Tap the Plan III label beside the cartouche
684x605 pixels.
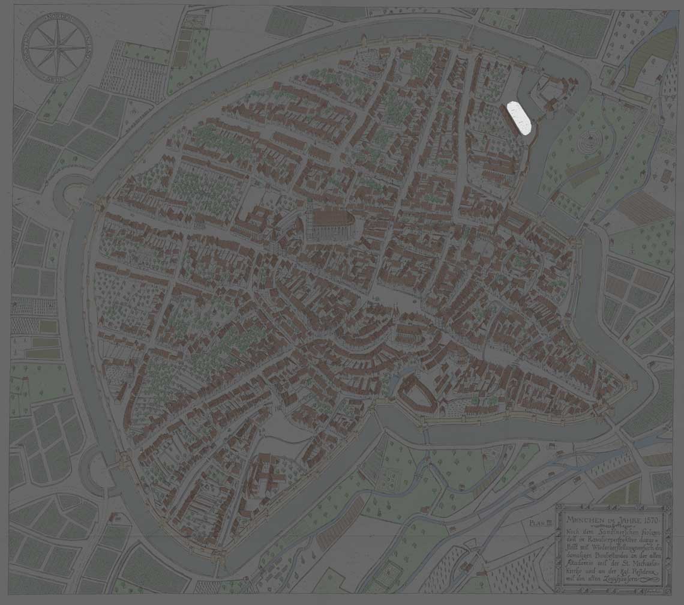click(541, 523)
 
